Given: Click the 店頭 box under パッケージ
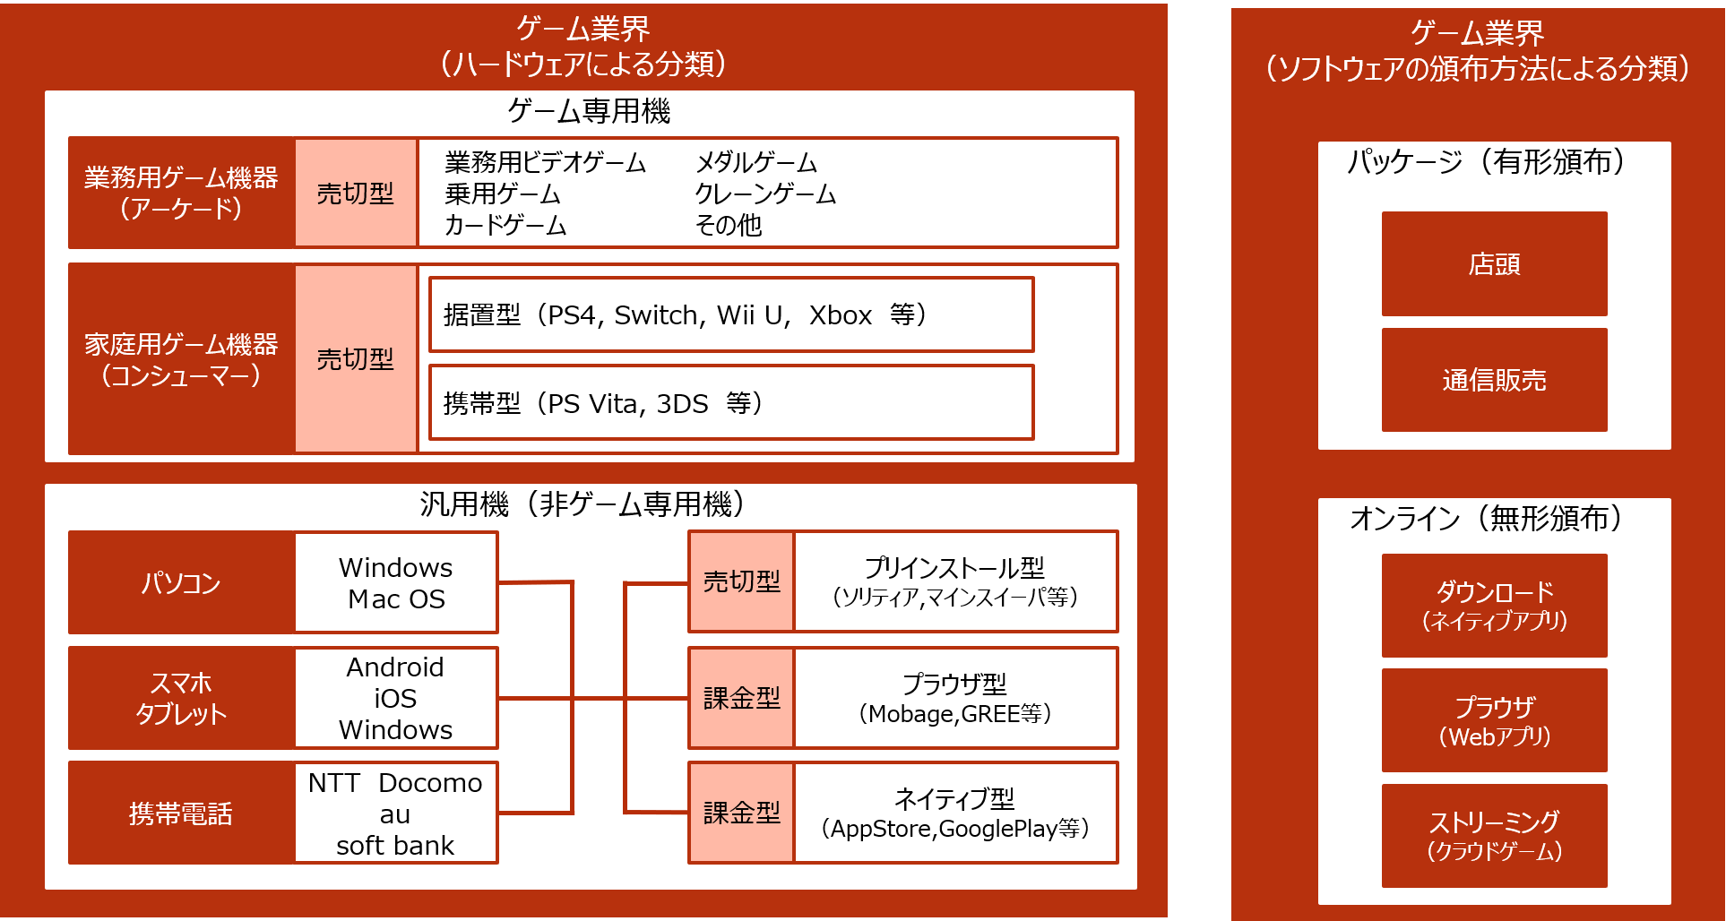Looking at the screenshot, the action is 1494,263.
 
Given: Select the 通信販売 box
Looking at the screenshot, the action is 1494,380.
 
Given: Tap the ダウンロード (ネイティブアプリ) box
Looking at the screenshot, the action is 1494,606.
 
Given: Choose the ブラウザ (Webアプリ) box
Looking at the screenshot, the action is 1494,720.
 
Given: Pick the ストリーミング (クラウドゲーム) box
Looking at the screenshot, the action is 1494,836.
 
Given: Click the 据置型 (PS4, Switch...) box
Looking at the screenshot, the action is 731,314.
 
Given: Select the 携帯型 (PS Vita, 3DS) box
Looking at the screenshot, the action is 731,402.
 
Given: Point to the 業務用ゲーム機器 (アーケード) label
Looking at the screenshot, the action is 181,193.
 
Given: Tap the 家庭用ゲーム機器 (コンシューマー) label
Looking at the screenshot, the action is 181,358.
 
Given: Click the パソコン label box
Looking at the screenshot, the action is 181,582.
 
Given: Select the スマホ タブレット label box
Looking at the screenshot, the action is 181,698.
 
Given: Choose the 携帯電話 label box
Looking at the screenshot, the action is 181,813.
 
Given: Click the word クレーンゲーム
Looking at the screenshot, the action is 765,194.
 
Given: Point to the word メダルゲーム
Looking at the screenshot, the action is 756,162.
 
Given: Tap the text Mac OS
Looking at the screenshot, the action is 396,598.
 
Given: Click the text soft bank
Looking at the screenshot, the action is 395,845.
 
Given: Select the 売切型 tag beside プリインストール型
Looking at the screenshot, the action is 741,581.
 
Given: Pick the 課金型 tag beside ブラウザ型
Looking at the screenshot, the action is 741,697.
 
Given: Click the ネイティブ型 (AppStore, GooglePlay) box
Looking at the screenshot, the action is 955,813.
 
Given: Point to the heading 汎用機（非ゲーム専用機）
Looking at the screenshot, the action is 583,504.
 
